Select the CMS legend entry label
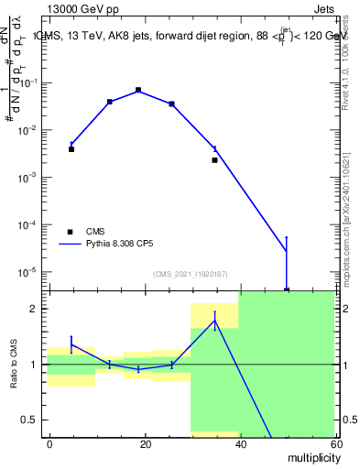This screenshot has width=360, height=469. [x=97, y=232]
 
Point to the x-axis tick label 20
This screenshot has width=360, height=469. [x=145, y=443]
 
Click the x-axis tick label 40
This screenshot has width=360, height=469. [x=239, y=443]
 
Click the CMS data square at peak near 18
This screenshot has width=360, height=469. [x=138, y=91]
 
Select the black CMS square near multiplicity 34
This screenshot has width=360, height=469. [x=215, y=159]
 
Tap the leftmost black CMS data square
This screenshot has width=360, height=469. [x=71, y=148]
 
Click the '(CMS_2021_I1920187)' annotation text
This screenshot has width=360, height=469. [x=190, y=273]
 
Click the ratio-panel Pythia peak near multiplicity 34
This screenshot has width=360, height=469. [x=214, y=320]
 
